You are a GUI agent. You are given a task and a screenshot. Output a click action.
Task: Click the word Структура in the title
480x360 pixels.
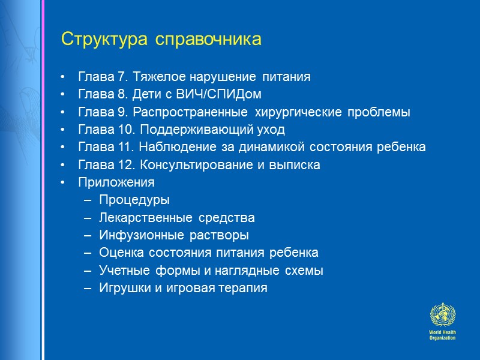(x=106, y=40)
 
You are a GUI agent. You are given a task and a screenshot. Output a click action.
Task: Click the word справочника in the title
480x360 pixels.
(x=209, y=40)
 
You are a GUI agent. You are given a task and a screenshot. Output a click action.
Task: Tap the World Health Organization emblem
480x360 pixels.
(x=442, y=315)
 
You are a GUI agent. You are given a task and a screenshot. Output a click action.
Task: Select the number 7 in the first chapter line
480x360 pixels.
(x=122, y=77)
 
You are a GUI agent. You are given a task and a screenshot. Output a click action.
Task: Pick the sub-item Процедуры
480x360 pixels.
(x=134, y=200)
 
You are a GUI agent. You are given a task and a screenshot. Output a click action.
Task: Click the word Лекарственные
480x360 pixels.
(x=142, y=218)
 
